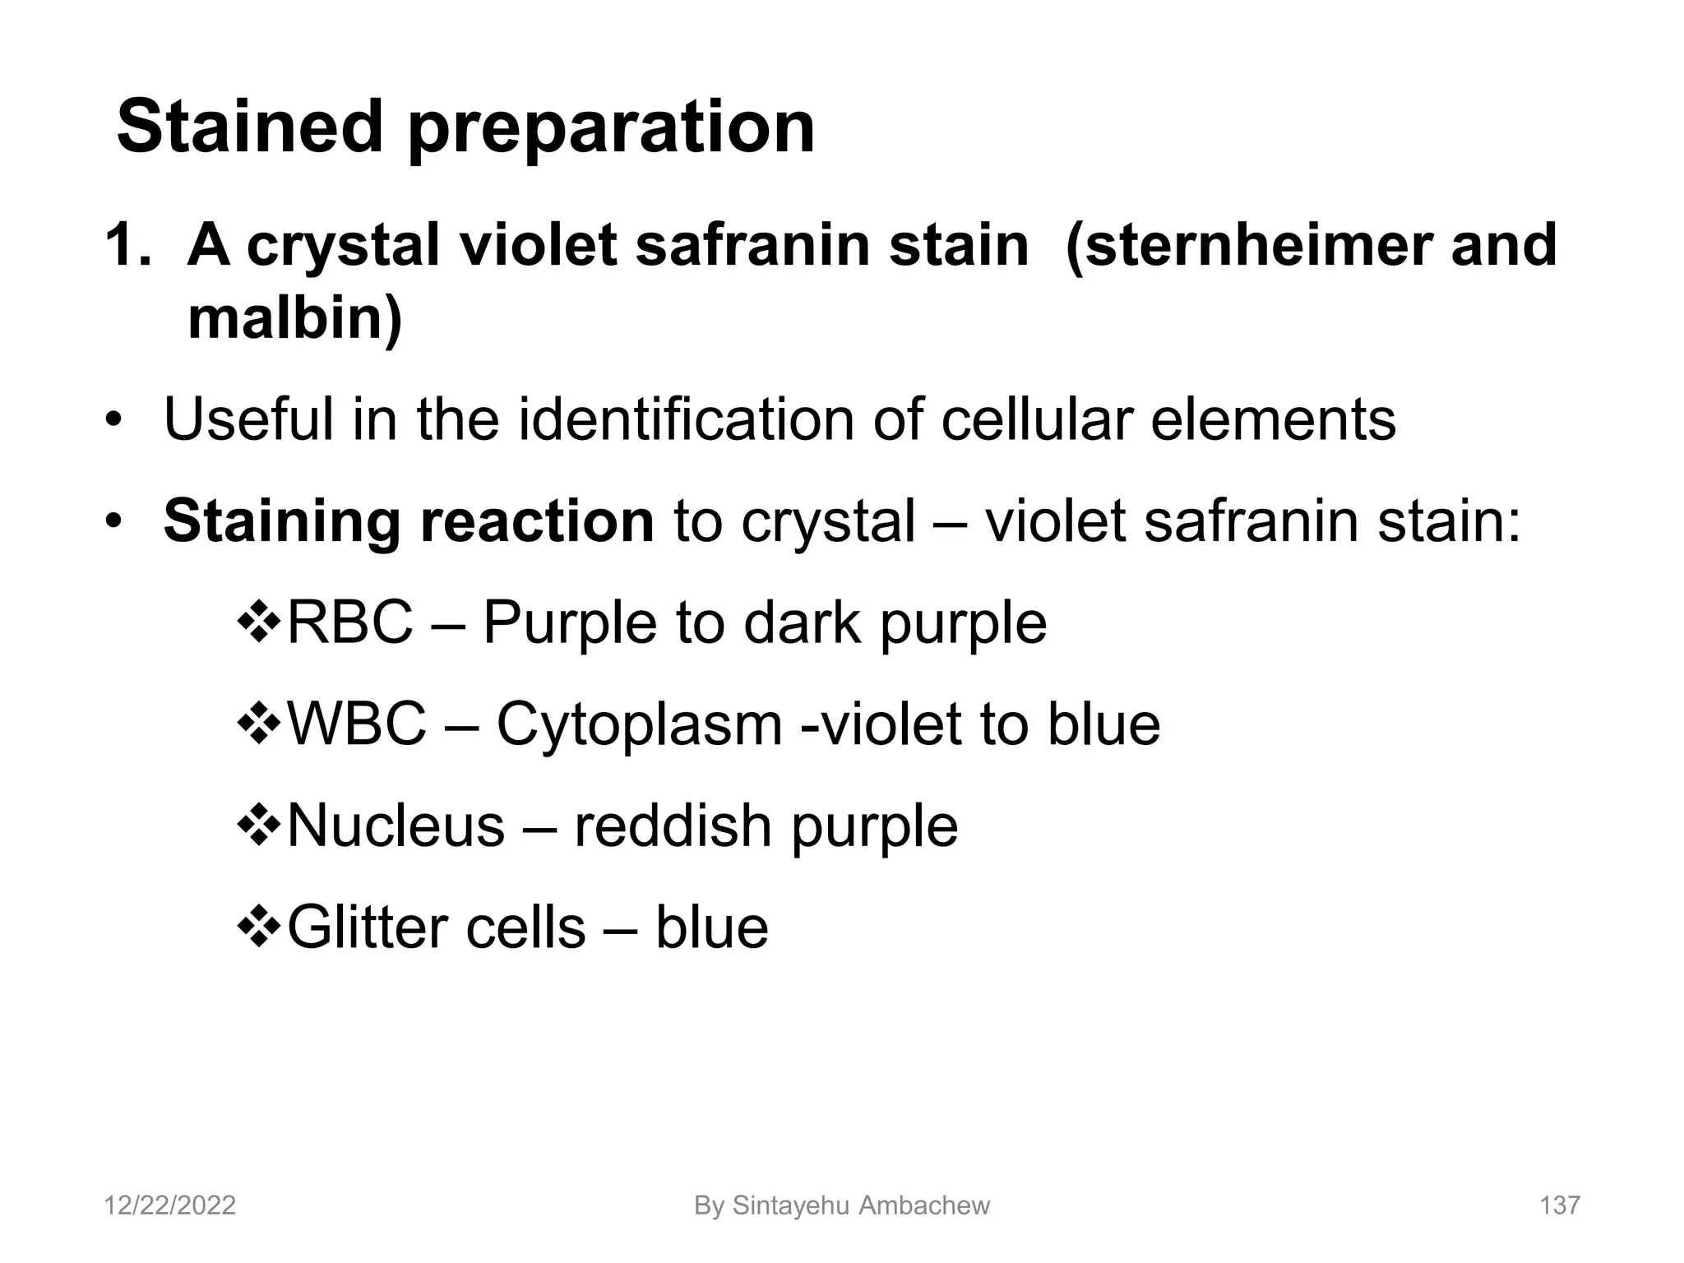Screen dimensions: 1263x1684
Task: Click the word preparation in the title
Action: click(x=611, y=130)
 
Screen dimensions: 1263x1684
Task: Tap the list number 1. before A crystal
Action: click(x=127, y=246)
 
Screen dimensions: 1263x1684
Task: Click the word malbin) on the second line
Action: click(x=294, y=319)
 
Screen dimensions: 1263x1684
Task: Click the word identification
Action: click(x=687, y=419)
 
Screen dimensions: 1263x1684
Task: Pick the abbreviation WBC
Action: click(x=357, y=724)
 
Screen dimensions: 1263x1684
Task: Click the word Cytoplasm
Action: click(x=639, y=726)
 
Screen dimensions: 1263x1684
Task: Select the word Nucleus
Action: click(x=396, y=826)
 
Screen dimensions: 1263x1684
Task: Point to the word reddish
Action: click(x=673, y=826)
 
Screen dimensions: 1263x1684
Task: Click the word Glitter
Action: click(x=367, y=928)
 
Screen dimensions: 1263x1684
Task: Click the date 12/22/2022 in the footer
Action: click(x=170, y=1205)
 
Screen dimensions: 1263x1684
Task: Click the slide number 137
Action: click(x=1559, y=1205)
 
